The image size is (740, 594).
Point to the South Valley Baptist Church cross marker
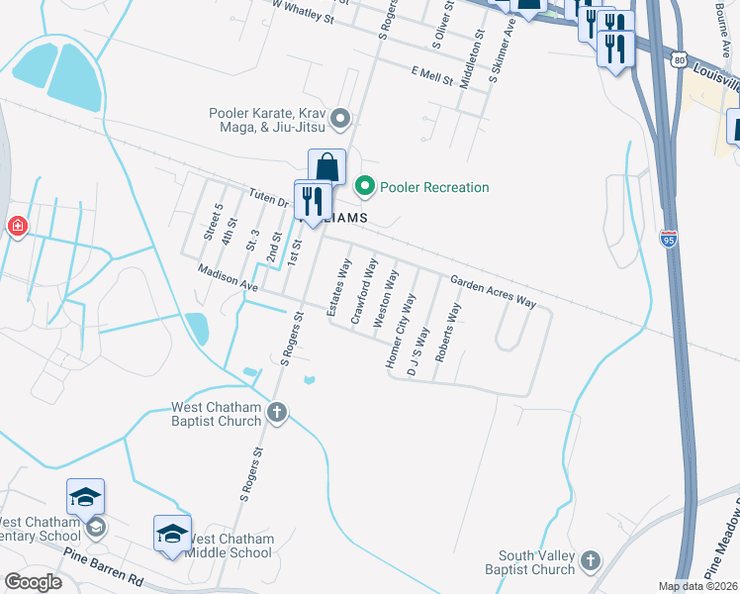click(x=592, y=559)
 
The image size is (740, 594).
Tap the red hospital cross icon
click(x=17, y=228)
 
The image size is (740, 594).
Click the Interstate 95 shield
click(x=670, y=238)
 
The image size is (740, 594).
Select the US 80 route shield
click(x=678, y=59)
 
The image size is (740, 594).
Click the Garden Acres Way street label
click(x=493, y=292)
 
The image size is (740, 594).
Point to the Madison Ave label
click(x=227, y=277)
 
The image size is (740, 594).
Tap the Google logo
click(x=32, y=582)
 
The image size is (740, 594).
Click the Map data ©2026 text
click(x=697, y=586)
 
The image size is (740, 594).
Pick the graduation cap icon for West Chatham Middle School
click(x=172, y=533)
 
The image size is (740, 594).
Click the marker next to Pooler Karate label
click(x=341, y=120)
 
